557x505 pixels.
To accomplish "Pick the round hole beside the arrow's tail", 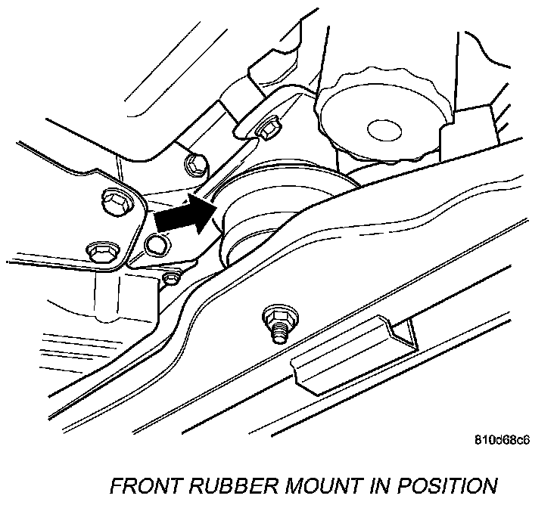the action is click(154, 243).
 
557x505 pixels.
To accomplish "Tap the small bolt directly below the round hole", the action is click(172, 277).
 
